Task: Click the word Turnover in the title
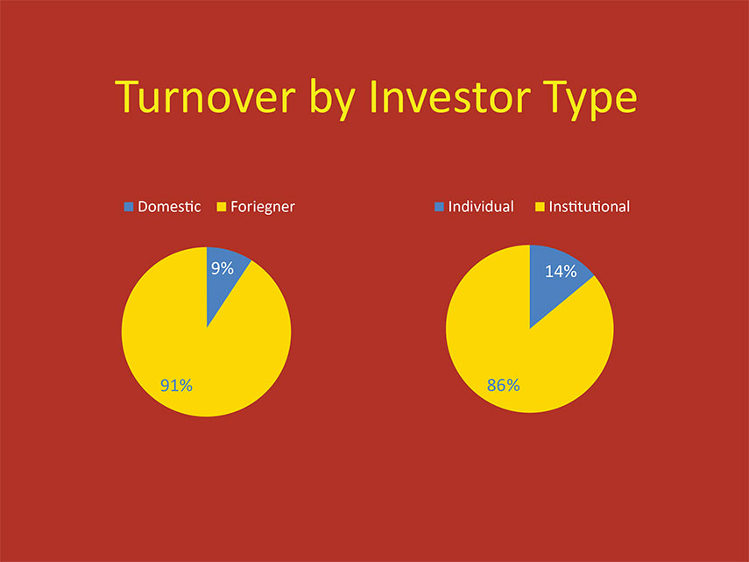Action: tap(205, 97)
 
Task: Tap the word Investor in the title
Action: tap(450, 96)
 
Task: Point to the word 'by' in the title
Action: tap(333, 98)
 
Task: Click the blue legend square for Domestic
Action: tap(129, 206)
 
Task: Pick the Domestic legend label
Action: tap(169, 206)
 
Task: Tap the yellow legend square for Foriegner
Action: tap(221, 206)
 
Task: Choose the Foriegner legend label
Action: tap(263, 207)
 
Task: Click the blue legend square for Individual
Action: tap(439, 206)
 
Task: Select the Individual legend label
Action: tap(481, 206)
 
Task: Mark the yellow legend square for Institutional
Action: tap(540, 206)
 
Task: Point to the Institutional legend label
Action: tap(590, 206)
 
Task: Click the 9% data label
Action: tap(223, 268)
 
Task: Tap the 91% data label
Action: tap(176, 385)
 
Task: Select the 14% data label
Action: tap(561, 272)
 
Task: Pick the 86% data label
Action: tap(504, 385)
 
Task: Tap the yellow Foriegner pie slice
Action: tap(201, 353)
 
